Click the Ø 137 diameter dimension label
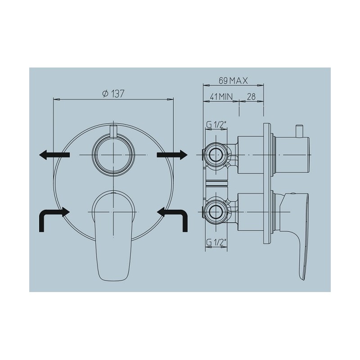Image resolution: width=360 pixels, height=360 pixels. tap(113, 94)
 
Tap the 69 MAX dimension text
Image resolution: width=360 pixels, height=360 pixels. tap(233, 81)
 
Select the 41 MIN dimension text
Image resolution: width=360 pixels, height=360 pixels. tap(221, 97)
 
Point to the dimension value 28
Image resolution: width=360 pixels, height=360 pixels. tap(251, 97)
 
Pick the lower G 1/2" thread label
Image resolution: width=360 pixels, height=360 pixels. tap(216, 243)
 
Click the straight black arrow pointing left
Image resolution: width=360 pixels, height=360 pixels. tap(54, 155)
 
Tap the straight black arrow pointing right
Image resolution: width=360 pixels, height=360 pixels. tap(172, 155)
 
